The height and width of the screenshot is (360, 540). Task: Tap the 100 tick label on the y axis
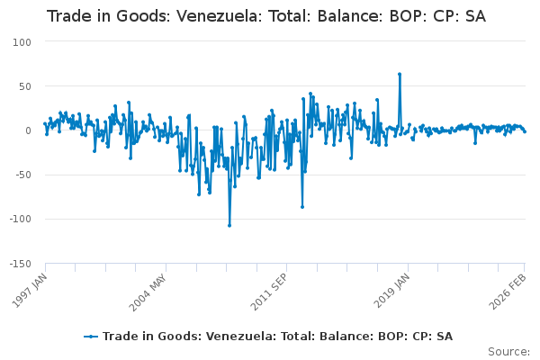(22, 41)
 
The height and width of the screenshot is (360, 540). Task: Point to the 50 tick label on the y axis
(24, 85)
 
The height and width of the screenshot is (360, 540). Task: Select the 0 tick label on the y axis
(28, 130)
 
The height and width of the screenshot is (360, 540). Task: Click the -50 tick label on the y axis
(22, 175)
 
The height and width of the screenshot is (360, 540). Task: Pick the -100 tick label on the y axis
(18, 219)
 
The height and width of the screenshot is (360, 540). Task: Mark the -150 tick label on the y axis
(18, 263)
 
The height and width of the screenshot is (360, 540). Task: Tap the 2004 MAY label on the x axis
(149, 287)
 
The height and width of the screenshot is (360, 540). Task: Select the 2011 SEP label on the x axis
(271, 287)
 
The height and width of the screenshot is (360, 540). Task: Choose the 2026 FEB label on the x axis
(510, 287)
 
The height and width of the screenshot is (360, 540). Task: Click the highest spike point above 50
(399, 74)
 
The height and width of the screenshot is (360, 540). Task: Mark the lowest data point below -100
(229, 225)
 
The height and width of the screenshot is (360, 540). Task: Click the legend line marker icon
(91, 336)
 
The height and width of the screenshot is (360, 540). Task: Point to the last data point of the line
(525, 131)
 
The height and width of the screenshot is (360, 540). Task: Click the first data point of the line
(45, 124)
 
